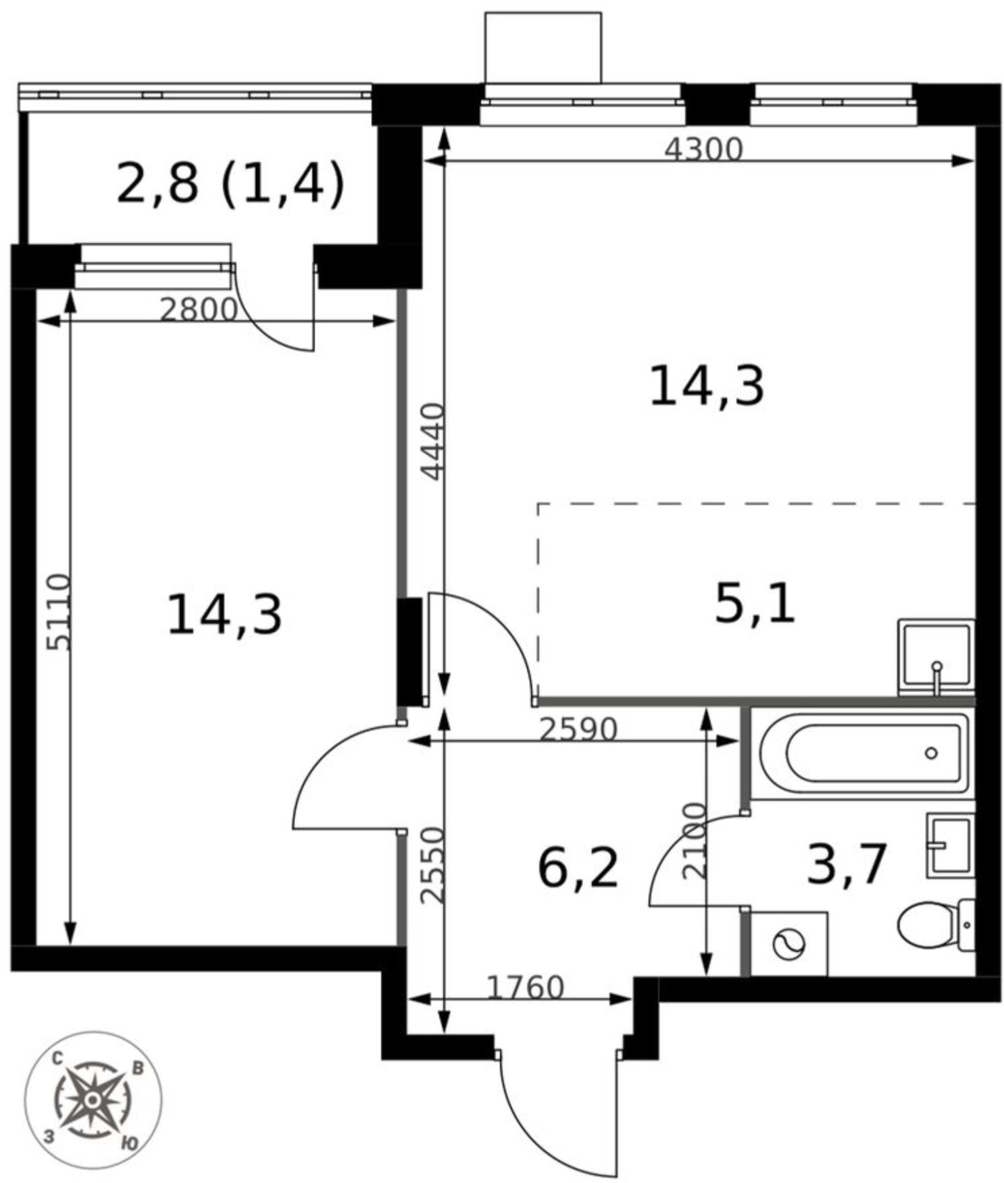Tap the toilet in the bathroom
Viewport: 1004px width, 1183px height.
click(936, 925)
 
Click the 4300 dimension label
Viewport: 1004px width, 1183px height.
click(703, 149)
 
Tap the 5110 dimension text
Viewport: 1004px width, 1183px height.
click(58, 612)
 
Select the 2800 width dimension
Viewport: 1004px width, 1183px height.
click(199, 309)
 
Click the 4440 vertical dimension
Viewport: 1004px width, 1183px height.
click(432, 442)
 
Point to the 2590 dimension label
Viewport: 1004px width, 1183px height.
click(578, 729)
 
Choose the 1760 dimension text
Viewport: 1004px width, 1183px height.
click(525, 988)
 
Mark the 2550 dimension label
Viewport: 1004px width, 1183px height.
click(432, 866)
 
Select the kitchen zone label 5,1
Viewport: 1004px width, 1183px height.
click(755, 603)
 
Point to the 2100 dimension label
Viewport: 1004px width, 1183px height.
click(694, 840)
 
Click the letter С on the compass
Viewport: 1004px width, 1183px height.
click(59, 1059)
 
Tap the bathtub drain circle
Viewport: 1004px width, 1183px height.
click(931, 753)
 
